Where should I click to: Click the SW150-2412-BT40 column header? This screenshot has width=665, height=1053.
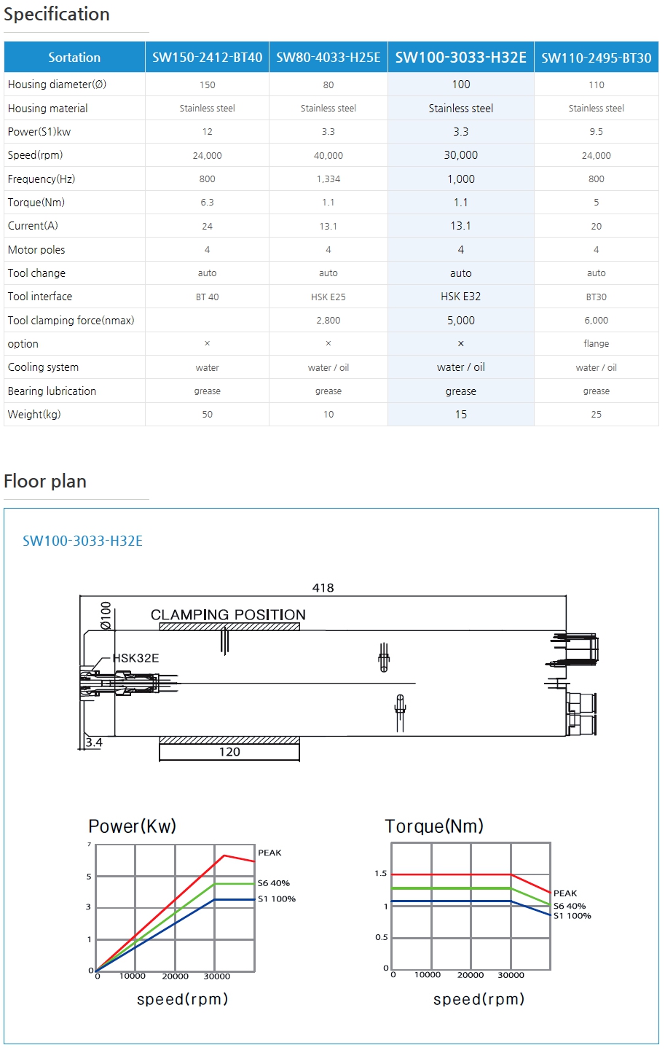[207, 58]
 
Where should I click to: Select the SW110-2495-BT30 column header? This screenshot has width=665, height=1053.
[596, 58]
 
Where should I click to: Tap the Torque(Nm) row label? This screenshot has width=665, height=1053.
[36, 203]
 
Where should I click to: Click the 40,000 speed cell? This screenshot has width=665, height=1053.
[328, 156]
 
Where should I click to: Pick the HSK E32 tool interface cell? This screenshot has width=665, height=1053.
[460, 297]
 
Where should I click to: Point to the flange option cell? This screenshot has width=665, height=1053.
[596, 344]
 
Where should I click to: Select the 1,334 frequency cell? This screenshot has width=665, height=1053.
[328, 179]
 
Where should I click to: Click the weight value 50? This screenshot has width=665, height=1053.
[208, 415]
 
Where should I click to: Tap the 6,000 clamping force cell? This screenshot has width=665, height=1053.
[596, 321]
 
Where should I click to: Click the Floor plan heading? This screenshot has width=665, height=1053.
[45, 482]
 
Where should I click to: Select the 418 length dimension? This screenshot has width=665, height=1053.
[323, 588]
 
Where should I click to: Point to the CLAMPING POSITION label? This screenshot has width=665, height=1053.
[228, 615]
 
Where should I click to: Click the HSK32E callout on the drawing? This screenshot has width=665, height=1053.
[135, 658]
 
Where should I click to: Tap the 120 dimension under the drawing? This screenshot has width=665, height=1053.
[229, 752]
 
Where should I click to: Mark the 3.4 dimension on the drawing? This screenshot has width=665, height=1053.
[94, 743]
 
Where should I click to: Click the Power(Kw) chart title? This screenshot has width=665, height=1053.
[132, 826]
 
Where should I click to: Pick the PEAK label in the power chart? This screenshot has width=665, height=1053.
[269, 853]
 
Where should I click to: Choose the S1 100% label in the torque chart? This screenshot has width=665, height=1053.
[572, 916]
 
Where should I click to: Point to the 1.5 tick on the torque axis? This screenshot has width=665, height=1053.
[381, 873]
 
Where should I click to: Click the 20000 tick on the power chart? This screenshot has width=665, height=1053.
[175, 976]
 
